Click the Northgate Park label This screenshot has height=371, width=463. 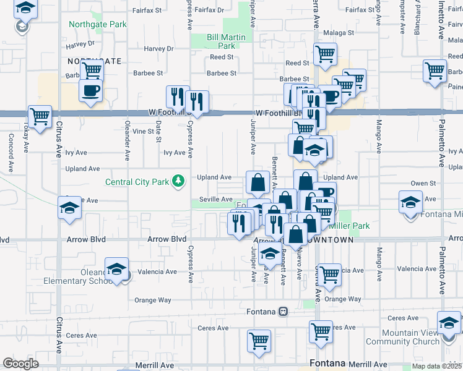click(98, 25)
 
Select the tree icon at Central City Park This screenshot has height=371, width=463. click(179, 181)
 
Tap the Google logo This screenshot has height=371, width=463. click(20, 364)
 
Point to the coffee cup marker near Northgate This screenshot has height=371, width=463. click(90, 92)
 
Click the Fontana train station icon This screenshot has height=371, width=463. click(283, 311)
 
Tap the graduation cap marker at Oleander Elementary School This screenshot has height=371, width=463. click(116, 270)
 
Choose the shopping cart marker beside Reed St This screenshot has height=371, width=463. click(324, 54)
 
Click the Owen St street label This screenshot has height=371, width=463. click(423, 183)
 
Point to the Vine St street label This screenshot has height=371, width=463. click(142, 131)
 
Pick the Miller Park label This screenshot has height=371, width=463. click(350, 226)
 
